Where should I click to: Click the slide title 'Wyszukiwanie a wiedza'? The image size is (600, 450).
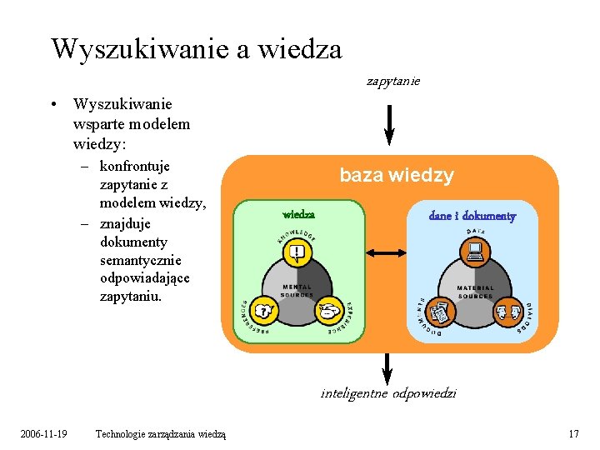[196, 48]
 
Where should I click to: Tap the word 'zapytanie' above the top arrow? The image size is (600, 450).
[393, 82]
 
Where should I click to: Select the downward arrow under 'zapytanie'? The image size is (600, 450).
[389, 124]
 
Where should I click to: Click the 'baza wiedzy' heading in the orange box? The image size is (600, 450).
[396, 176]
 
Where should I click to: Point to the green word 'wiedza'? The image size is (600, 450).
[299, 215]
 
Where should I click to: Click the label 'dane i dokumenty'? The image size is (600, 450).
[472, 216]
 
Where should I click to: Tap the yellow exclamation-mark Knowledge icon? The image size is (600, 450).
[297, 252]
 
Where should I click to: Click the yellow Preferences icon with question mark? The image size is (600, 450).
[265, 311]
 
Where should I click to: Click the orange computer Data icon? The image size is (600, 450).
[475, 250]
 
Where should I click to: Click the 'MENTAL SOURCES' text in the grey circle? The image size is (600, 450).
[297, 291]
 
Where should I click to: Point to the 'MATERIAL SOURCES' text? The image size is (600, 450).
[475, 292]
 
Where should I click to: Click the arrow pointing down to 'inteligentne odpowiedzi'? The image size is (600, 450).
[387, 368]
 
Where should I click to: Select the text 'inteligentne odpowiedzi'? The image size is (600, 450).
[388, 393]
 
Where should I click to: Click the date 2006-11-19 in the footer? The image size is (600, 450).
[44, 433]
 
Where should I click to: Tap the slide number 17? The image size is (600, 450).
[572, 433]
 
